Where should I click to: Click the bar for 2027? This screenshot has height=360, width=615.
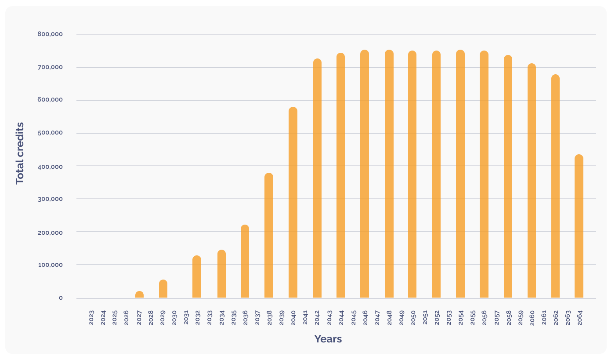[139, 295]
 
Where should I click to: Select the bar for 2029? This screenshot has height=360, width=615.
[163, 289]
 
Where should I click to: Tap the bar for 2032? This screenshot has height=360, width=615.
[197, 277]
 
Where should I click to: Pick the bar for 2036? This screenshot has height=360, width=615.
[245, 262]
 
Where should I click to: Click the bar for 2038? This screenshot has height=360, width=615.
[269, 236]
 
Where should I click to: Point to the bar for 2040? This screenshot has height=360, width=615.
[293, 203]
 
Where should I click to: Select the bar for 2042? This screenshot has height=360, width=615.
[317, 178]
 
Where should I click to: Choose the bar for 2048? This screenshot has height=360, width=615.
[389, 174]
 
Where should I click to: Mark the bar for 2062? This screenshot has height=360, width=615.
[555, 186]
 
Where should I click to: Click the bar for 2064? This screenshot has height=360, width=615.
[579, 226]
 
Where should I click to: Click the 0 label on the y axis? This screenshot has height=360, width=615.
[61, 298]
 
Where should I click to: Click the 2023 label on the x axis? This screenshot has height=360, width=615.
[91, 317]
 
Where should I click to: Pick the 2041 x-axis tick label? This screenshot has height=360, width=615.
[305, 317]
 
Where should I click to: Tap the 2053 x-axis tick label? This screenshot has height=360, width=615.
[449, 317]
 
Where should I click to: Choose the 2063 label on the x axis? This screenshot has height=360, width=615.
[568, 317]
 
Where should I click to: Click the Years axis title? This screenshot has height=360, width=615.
[328, 339]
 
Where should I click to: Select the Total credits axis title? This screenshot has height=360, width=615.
[20, 153]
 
